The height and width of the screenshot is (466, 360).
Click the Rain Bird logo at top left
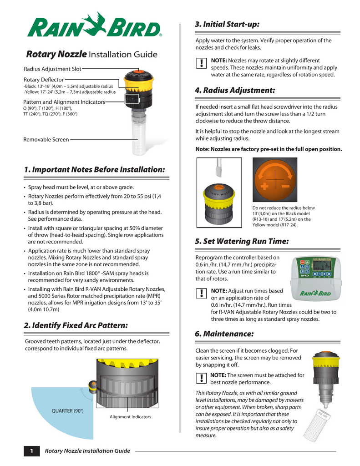[94, 26]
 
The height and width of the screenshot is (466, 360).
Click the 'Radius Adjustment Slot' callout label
[52, 69]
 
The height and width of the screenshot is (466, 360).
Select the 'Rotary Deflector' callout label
[43, 80]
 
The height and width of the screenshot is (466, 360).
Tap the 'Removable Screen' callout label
[46, 140]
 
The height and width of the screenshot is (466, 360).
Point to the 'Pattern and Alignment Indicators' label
[64, 102]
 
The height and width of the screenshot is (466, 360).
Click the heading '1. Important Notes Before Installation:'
[94, 169]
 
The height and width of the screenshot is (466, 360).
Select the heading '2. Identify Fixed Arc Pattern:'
[76, 325]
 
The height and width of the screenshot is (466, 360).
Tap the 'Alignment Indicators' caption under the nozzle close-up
[130, 417]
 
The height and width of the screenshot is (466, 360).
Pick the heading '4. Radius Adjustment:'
[234, 90]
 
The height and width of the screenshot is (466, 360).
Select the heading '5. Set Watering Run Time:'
[241, 241]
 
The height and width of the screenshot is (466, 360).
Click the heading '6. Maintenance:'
[224, 334]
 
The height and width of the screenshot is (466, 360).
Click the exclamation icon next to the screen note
[201, 378]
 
